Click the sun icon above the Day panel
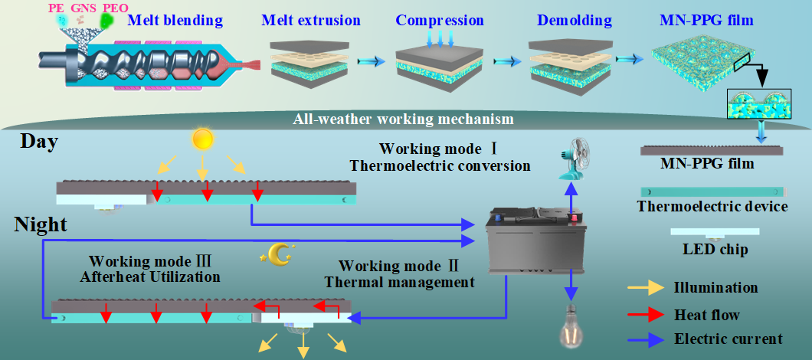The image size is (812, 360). [x=202, y=139]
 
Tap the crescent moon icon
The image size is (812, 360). [x=280, y=252]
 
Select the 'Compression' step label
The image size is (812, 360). [x=440, y=20]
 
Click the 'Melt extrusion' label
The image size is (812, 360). [x=310, y=20]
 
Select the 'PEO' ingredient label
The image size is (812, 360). [x=115, y=8]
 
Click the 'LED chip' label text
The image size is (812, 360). [x=715, y=249]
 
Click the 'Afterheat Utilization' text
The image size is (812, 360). [x=150, y=277]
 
